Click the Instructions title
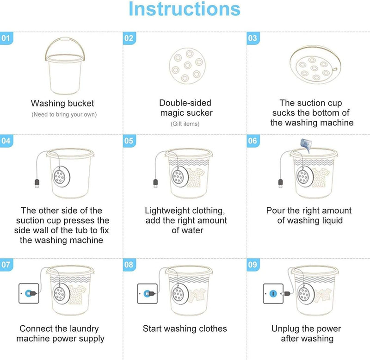pyautogui.click(x=185, y=9)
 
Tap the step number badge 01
pyautogui.click(x=6, y=39)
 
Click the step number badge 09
pyautogui.click(x=252, y=265)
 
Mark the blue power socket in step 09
pyautogui.click(x=272, y=293)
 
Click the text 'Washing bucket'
pyautogui.click(x=62, y=103)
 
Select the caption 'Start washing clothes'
pyautogui.click(x=185, y=329)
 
